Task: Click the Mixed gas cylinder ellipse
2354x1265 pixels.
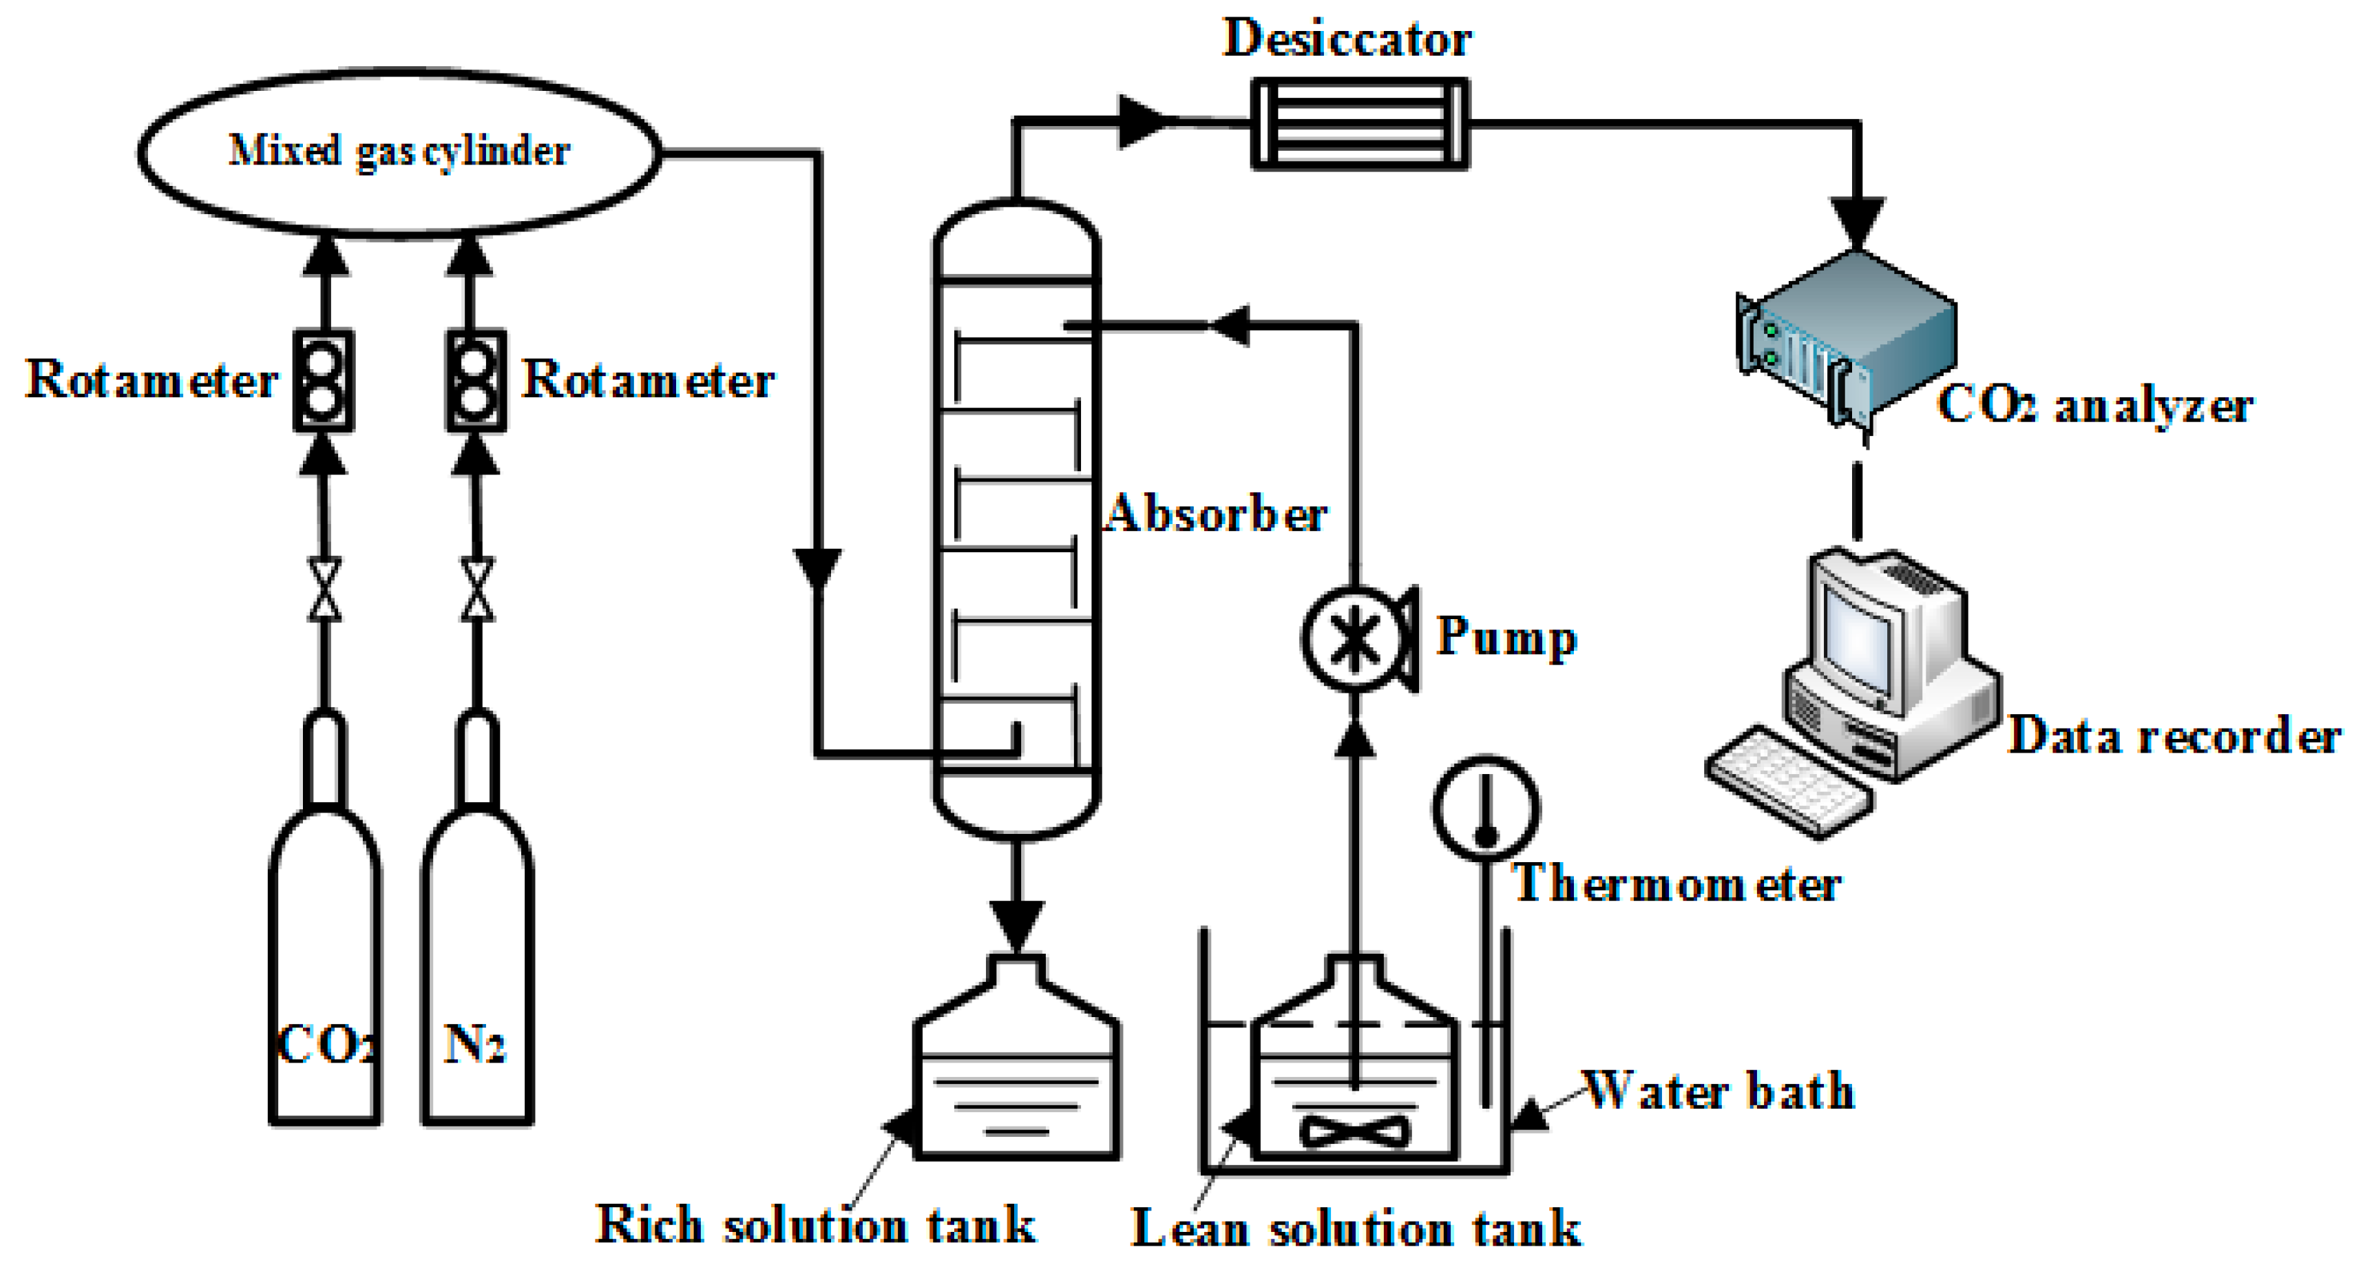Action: coord(399,153)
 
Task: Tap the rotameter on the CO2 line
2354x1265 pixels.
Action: coord(323,380)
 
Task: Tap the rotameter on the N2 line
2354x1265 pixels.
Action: coord(475,380)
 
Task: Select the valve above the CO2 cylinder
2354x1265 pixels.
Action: coord(324,589)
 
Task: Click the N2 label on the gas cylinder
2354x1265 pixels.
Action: coord(474,1044)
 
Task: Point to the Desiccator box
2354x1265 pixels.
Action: coord(1359,123)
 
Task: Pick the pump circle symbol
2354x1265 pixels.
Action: coord(1354,638)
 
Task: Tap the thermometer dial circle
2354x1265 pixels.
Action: coord(1486,808)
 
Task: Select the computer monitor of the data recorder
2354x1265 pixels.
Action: coord(1864,631)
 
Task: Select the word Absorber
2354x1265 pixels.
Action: coord(1215,514)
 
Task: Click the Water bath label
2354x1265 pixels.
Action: coord(1718,1090)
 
